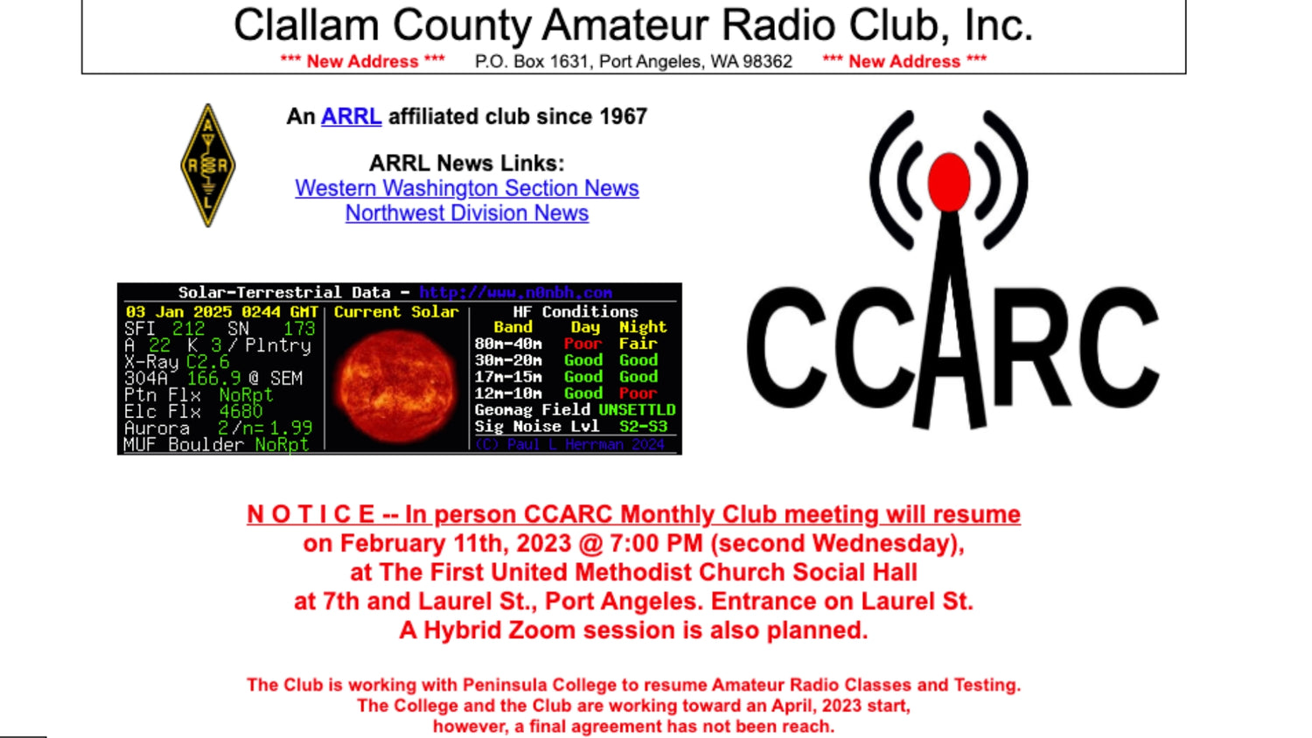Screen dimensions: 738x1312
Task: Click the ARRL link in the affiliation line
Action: pos(351,116)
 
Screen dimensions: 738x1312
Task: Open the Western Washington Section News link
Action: pos(466,188)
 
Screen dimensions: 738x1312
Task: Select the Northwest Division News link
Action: pos(466,213)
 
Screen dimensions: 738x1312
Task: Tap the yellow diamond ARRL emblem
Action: pos(208,165)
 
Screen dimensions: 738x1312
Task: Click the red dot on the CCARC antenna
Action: pos(948,182)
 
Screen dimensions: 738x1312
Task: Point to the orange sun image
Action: pos(396,386)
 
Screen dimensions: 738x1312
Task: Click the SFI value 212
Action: pos(188,329)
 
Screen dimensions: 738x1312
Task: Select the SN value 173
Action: pos(298,329)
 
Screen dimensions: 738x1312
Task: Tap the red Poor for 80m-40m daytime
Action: pos(583,344)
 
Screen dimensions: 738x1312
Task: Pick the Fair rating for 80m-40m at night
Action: pos(638,344)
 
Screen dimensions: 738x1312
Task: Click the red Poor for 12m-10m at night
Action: pos(638,393)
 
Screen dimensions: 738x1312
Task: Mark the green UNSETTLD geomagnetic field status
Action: pos(637,409)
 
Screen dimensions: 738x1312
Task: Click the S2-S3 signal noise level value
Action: pos(643,426)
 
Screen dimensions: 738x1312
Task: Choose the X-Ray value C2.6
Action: pos(207,361)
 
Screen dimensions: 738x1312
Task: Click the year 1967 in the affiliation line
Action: pos(623,116)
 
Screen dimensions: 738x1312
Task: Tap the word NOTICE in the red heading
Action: pos(311,514)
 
